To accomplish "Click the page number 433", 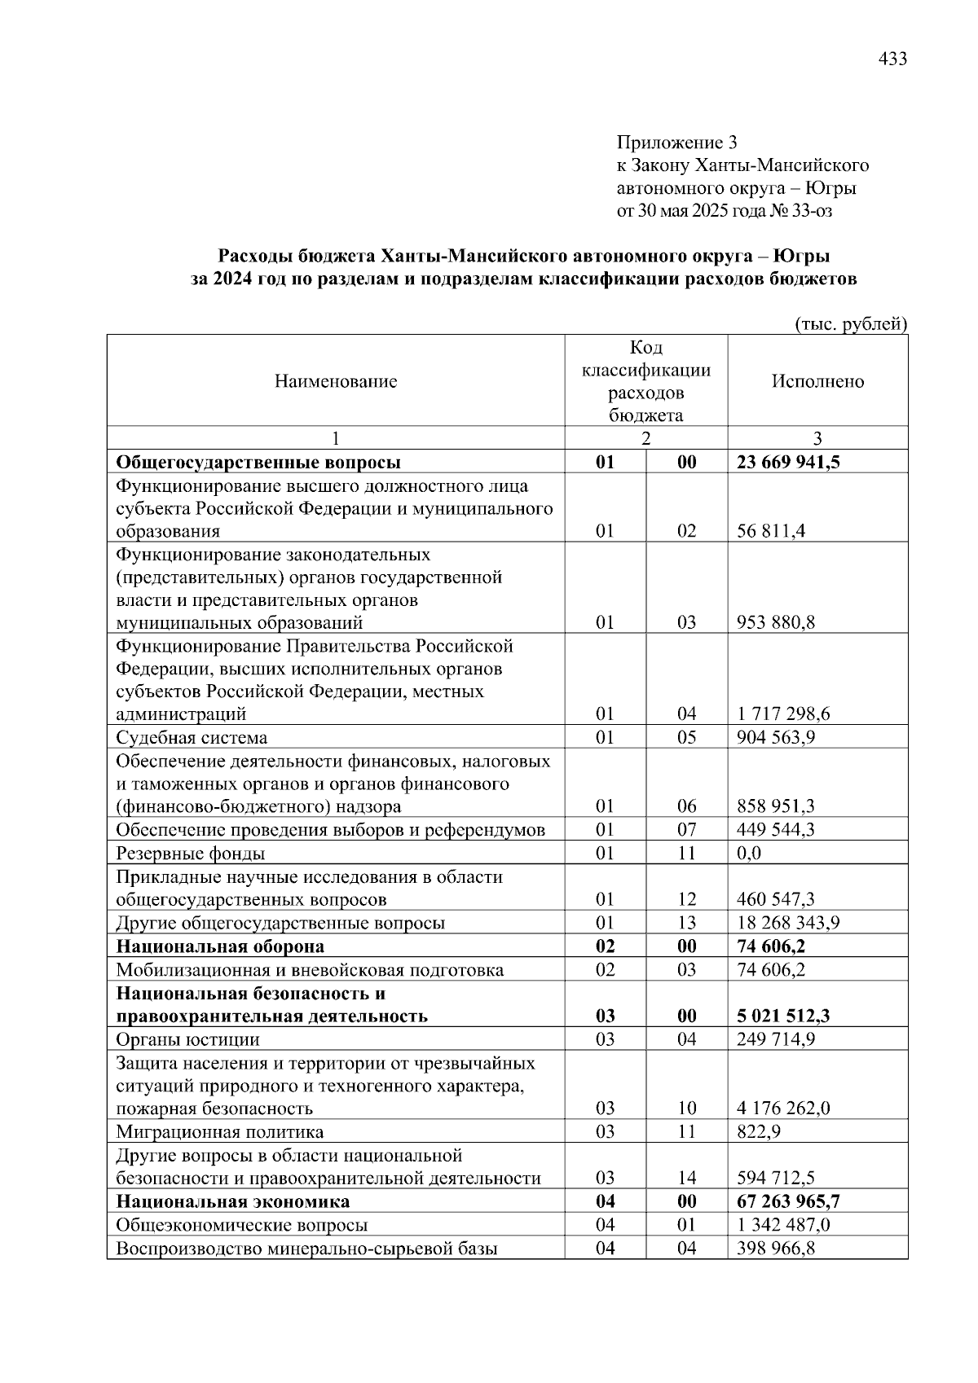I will (x=892, y=59).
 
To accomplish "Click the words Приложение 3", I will (x=676, y=143).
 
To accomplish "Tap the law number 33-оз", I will (x=812, y=211).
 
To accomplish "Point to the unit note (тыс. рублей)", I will (x=850, y=323).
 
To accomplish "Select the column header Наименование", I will (x=336, y=381).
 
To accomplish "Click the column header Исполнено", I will (x=817, y=381).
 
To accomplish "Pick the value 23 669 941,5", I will (x=788, y=463).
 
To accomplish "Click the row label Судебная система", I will (x=192, y=738).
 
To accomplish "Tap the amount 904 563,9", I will (x=776, y=738).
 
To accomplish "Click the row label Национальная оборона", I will (x=220, y=946).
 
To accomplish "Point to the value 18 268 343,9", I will (x=788, y=923).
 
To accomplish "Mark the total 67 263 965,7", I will (x=788, y=1202).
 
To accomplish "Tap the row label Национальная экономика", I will (x=233, y=1202).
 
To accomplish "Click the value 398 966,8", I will (x=776, y=1249).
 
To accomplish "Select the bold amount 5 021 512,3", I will (x=783, y=1016).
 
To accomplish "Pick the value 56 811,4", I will (x=771, y=531).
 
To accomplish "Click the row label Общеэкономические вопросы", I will (x=241, y=1225).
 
